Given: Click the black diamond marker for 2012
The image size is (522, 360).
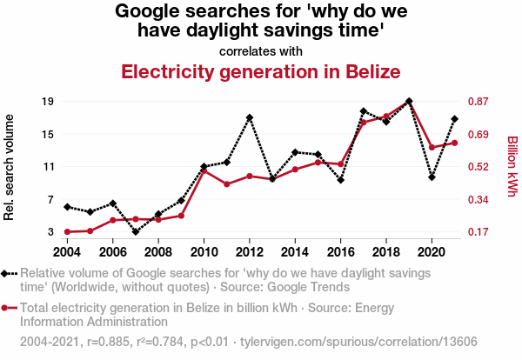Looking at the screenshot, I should [250, 117].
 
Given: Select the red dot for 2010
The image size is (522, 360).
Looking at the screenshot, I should [204, 170].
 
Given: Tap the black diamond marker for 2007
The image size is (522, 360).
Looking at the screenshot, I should [136, 231].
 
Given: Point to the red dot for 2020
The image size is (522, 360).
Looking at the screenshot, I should [432, 147].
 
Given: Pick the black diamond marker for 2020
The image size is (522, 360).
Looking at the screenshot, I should [432, 177].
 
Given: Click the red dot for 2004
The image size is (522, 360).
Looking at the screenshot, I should [67, 232].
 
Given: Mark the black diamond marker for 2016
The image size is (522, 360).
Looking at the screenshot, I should [341, 180].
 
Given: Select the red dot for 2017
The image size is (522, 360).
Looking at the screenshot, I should [364, 123].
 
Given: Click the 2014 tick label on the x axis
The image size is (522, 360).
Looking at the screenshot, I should [295, 252].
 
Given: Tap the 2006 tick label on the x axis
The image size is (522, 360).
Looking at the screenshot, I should [112, 252].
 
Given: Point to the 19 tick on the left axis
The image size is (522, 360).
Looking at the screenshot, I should [49, 102].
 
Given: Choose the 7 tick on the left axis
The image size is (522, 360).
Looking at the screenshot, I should [52, 200].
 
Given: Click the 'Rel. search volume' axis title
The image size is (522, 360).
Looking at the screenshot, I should [10, 167].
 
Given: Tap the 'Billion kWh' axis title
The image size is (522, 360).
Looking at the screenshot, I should [512, 166].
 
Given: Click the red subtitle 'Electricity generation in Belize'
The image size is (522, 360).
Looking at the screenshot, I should [261, 71].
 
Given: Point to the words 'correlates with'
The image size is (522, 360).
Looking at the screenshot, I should [261, 50].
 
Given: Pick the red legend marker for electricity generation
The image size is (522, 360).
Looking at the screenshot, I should [6, 308].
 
